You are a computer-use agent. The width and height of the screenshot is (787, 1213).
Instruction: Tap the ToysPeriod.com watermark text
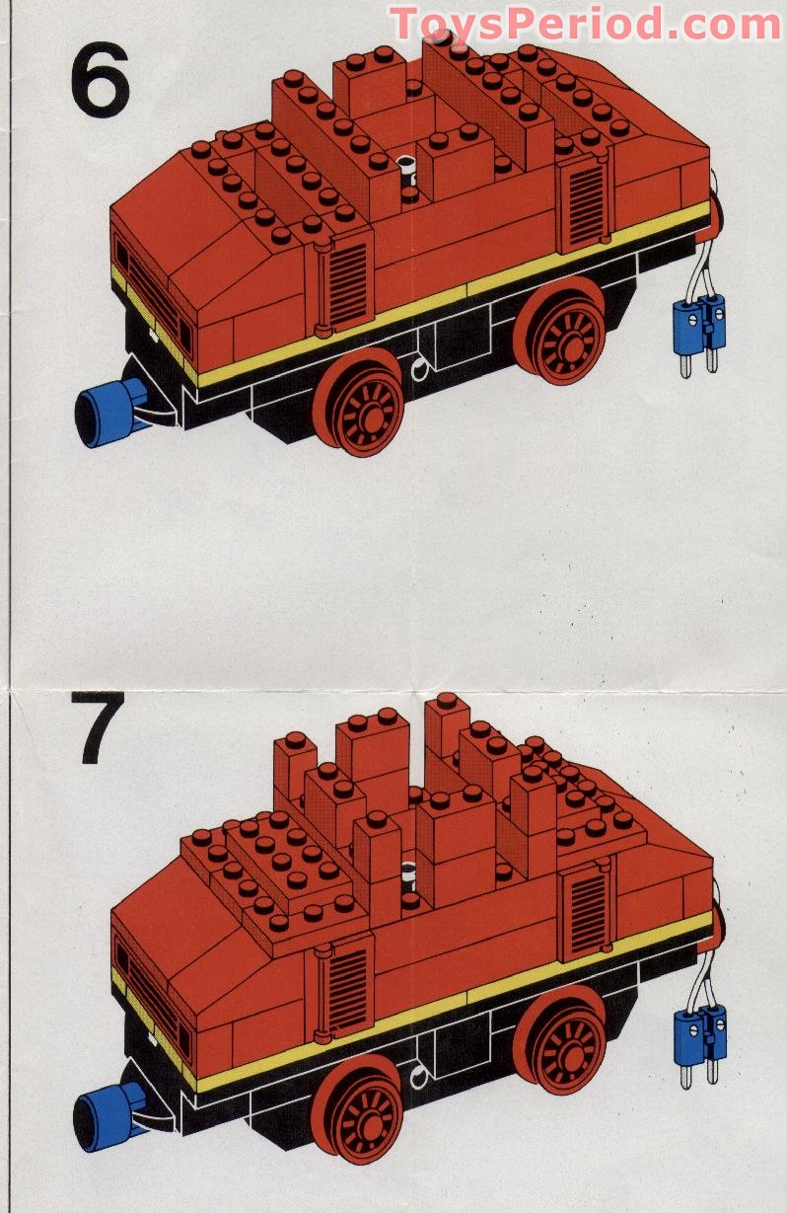point(586,23)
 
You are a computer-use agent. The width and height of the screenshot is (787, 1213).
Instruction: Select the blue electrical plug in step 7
point(699,1034)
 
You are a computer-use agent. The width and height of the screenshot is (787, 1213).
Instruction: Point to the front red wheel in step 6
point(364,404)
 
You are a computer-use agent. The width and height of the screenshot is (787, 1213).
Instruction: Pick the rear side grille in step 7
point(586,910)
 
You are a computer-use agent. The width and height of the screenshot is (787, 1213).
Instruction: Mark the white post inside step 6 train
point(405,172)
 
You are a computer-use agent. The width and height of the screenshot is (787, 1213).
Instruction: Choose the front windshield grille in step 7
point(150,996)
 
